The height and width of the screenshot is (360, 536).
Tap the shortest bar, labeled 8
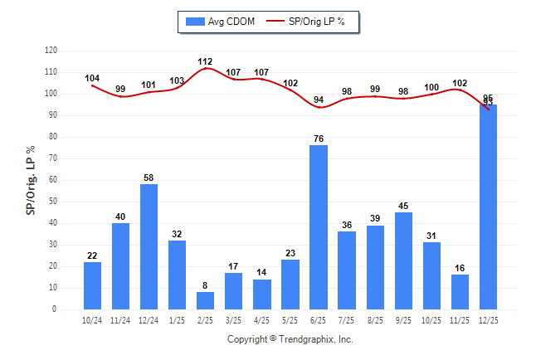206,300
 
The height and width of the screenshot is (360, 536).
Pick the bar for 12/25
488,207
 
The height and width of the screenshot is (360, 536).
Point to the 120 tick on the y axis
51,51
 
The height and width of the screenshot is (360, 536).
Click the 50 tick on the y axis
53,202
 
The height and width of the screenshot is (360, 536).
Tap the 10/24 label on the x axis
93,320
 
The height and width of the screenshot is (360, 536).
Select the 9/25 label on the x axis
403,320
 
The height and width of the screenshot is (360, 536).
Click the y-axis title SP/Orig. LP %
31,179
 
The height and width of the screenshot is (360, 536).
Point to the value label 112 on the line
206,61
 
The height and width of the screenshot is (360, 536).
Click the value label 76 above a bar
319,139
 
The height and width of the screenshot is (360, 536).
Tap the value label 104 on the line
93,79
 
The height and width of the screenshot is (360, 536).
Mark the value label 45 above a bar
403,206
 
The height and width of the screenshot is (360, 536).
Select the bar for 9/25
403,260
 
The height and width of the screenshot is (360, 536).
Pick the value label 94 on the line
319,100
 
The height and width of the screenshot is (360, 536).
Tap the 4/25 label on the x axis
262,320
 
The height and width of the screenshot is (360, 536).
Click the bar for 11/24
121,265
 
